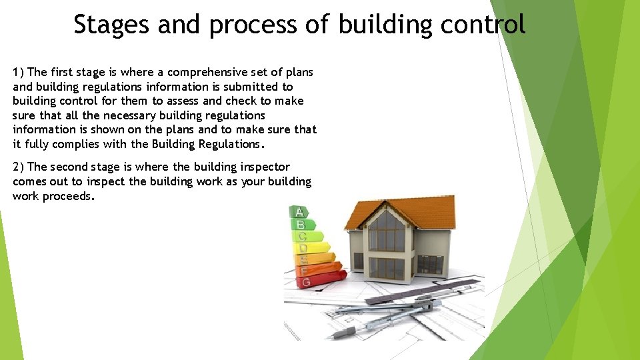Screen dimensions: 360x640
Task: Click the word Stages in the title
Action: (x=111, y=25)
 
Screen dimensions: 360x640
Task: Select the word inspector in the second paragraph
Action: (x=263, y=167)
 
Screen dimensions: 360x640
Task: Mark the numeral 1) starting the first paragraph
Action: (x=19, y=72)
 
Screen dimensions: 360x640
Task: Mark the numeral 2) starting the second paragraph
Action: (x=19, y=167)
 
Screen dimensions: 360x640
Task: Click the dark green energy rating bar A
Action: (x=299, y=213)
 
